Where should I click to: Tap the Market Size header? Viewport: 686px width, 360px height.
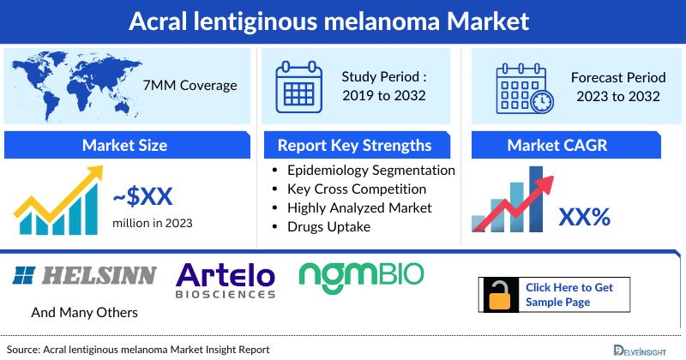124,145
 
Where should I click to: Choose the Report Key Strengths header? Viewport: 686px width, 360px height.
354,145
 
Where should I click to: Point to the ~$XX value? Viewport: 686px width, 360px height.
143,198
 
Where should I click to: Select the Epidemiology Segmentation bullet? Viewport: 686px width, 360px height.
370,170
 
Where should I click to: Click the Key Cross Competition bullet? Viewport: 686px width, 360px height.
357,189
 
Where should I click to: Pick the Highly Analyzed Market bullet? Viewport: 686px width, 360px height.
359,207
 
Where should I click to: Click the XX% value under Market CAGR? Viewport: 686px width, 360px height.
584,217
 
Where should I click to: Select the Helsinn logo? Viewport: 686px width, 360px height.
86,274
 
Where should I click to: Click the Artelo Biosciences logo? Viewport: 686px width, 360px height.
226,280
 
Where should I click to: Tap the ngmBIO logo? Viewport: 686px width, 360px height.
361,274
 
